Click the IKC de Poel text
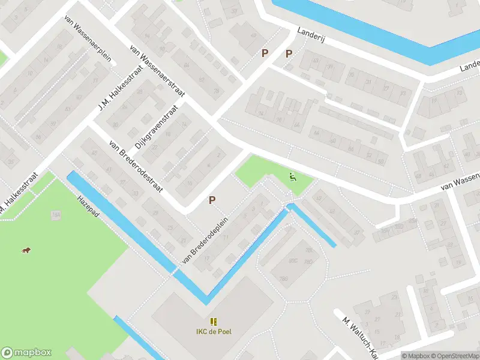[x=214, y=332]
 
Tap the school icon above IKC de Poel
[x=214, y=322]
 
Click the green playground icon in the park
[x=292, y=176]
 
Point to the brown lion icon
[x=26, y=250]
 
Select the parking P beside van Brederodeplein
[x=212, y=200]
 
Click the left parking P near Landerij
[x=265, y=53]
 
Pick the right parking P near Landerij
[x=289, y=53]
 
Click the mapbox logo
[x=26, y=353]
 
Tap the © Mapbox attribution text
[x=416, y=355]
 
